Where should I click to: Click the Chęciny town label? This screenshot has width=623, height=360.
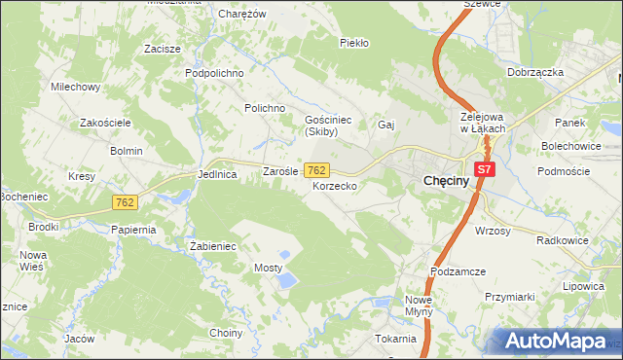(448, 181)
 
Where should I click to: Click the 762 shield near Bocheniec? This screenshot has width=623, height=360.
(124, 201)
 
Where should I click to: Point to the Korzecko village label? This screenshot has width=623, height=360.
(334, 185)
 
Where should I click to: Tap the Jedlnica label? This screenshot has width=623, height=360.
(217, 174)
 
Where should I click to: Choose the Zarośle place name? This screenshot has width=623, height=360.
(280, 171)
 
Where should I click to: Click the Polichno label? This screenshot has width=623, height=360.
(264, 108)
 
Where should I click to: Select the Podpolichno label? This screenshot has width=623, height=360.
(214, 73)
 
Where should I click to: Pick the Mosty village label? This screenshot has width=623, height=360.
(268, 267)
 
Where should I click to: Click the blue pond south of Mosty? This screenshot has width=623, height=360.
(286, 281)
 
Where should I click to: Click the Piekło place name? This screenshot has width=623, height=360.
(351, 43)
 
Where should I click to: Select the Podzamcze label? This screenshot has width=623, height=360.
(458, 272)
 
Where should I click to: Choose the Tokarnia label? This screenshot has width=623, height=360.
(394, 339)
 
